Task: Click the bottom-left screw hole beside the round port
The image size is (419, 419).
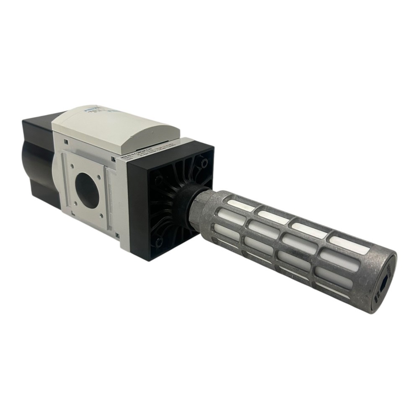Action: click(x=75, y=204)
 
